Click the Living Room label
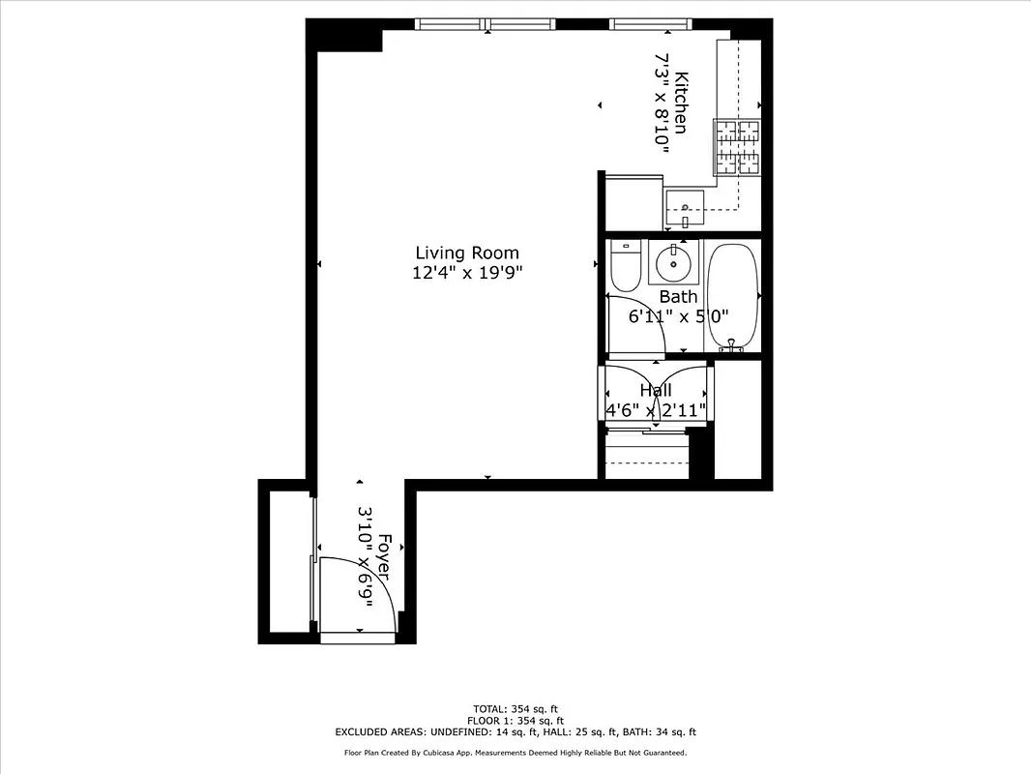[x=467, y=253]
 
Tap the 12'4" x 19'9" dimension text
[x=467, y=273]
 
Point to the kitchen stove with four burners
[x=737, y=146]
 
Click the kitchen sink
[x=685, y=206]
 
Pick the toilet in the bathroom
[x=626, y=266]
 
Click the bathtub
[x=733, y=297]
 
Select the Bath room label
[x=678, y=297]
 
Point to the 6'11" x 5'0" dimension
[x=678, y=315]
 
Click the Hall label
[x=656, y=390]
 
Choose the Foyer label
[x=384, y=557]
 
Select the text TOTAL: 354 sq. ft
[x=515, y=708]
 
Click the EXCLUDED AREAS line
[x=515, y=732]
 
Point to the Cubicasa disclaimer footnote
[x=515, y=753]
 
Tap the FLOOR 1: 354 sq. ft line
[x=515, y=721]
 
